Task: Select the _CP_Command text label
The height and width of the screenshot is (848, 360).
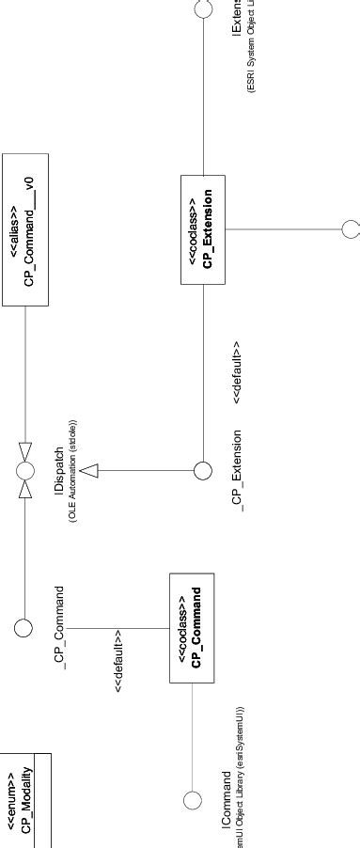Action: tap(61, 627)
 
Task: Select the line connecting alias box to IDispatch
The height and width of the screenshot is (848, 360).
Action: tap(25, 376)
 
